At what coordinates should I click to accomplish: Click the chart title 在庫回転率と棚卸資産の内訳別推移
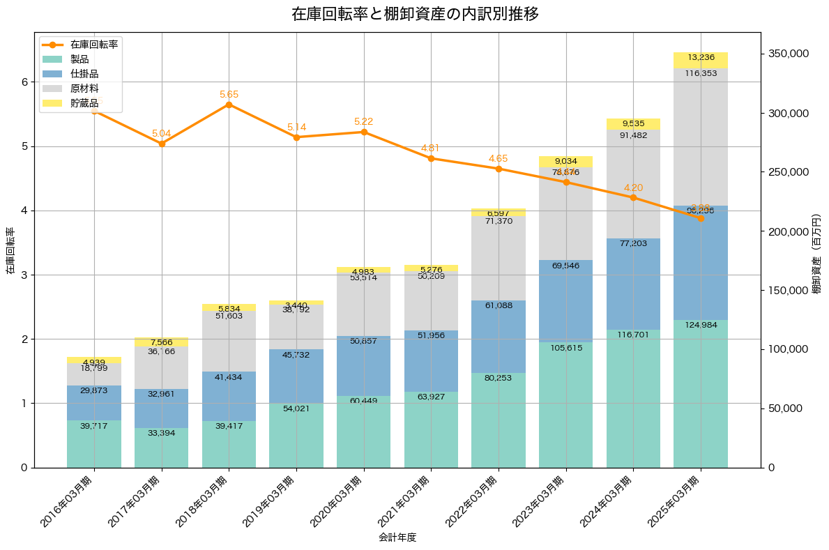click(x=415, y=14)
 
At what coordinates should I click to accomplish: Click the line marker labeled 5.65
click(x=229, y=105)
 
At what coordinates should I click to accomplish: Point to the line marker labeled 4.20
click(x=633, y=197)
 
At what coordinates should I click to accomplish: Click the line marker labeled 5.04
click(x=162, y=144)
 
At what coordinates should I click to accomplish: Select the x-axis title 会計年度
click(x=397, y=537)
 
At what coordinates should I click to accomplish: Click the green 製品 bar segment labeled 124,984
click(x=701, y=394)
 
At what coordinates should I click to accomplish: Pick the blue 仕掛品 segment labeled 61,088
click(x=499, y=337)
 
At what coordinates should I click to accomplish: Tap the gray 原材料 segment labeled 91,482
click(x=633, y=184)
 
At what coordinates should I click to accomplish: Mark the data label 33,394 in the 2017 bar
click(x=162, y=433)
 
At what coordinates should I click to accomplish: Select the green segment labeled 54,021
click(x=296, y=435)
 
